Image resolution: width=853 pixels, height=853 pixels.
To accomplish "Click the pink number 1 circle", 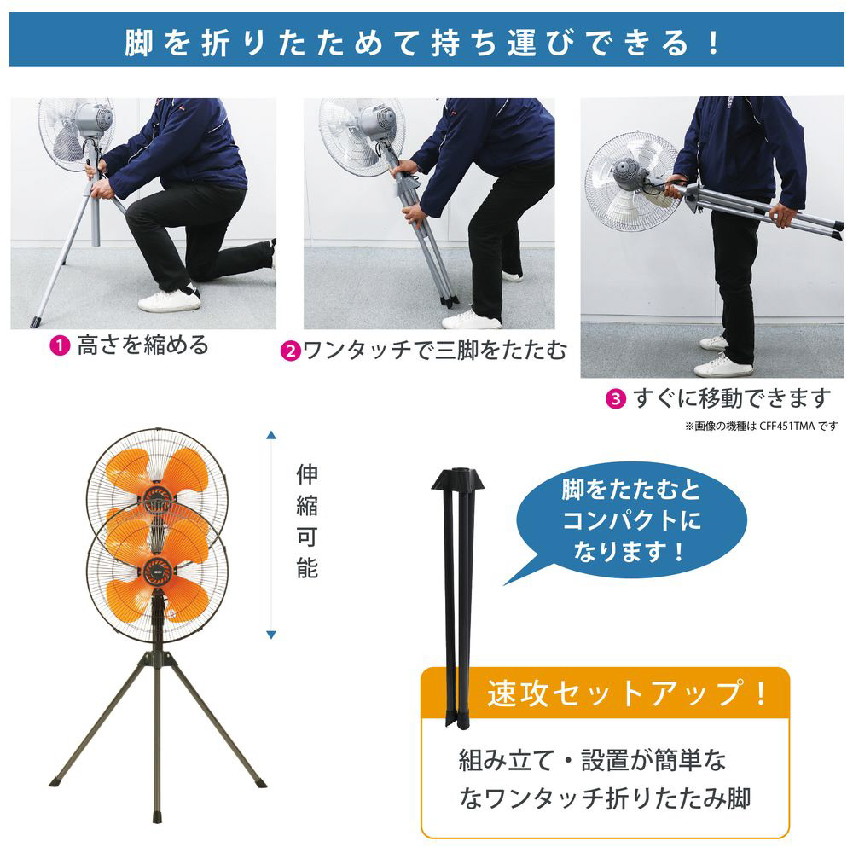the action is (x=60, y=346).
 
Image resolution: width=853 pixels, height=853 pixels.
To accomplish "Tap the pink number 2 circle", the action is (x=291, y=351).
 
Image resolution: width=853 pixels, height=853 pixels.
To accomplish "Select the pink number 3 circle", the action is (x=615, y=399).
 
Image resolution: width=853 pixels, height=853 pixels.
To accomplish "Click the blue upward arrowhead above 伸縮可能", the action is (x=271, y=435).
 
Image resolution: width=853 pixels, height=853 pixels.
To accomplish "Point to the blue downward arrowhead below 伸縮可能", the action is (x=271, y=635).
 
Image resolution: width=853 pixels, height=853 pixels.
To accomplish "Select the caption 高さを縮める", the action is (x=143, y=345).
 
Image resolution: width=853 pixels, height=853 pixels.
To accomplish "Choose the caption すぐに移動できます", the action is (x=732, y=398).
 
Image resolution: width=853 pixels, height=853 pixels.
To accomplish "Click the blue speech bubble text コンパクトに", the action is (x=631, y=520).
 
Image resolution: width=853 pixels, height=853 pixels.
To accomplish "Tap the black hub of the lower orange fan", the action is (x=157, y=571).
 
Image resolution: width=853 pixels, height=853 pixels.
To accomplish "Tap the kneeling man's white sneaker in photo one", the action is (x=169, y=299).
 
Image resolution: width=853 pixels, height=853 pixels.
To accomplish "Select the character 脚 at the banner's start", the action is (x=139, y=43).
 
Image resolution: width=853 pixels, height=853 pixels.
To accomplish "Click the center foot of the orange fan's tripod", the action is (x=158, y=818).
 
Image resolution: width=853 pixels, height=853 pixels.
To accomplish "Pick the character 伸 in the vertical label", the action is (x=307, y=473).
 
